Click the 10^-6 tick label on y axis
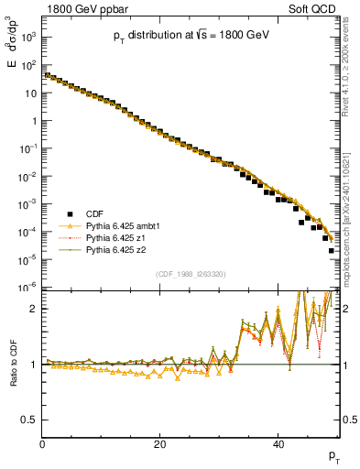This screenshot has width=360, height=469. (x=28, y=288)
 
